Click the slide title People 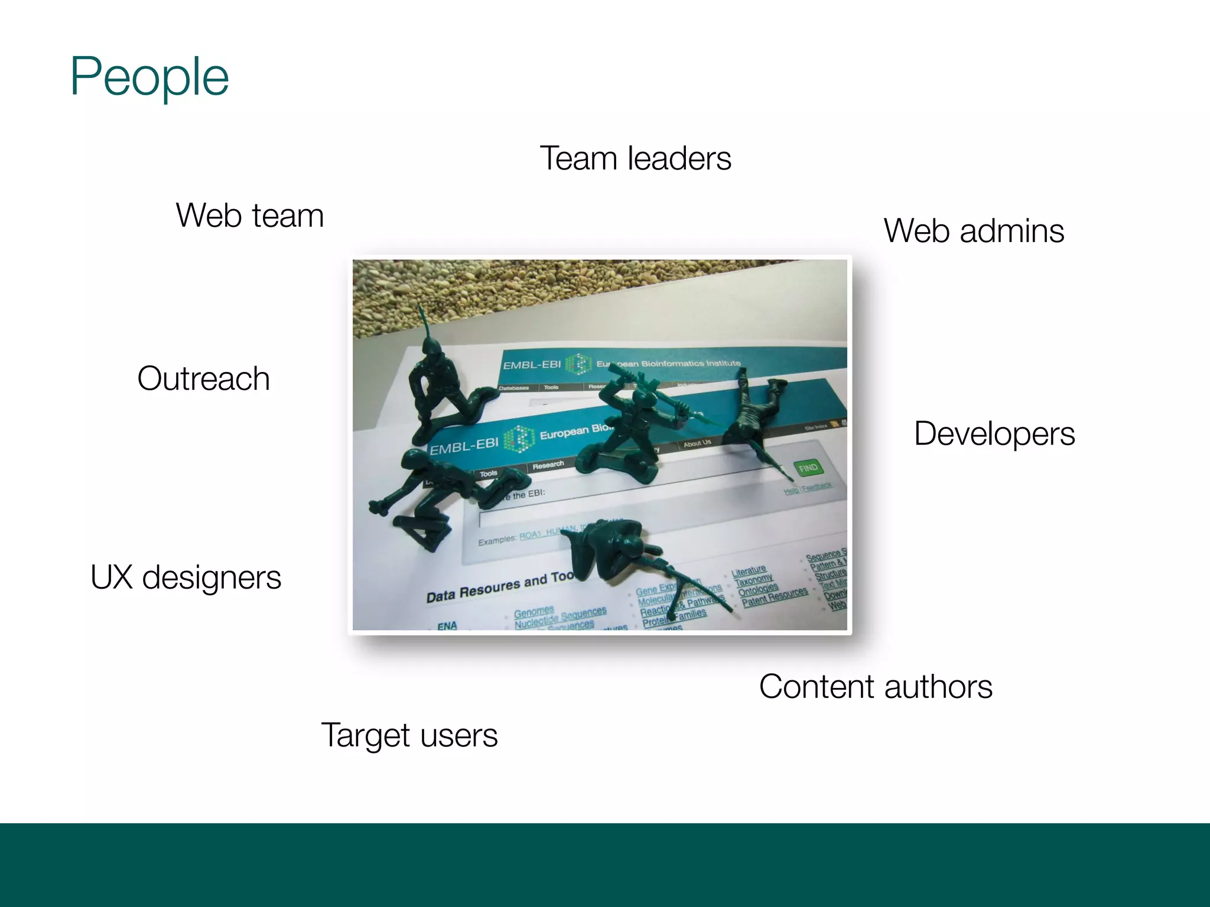[x=149, y=77]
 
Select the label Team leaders [x=635, y=158]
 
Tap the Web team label [x=250, y=215]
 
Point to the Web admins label [x=974, y=230]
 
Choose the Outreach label [x=203, y=378]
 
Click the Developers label [x=994, y=433]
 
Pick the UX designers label [x=186, y=577]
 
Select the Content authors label [x=876, y=686]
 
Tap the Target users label [x=409, y=735]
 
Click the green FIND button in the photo [x=808, y=468]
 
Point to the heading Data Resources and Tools [x=499, y=587]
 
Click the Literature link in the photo [x=748, y=572]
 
